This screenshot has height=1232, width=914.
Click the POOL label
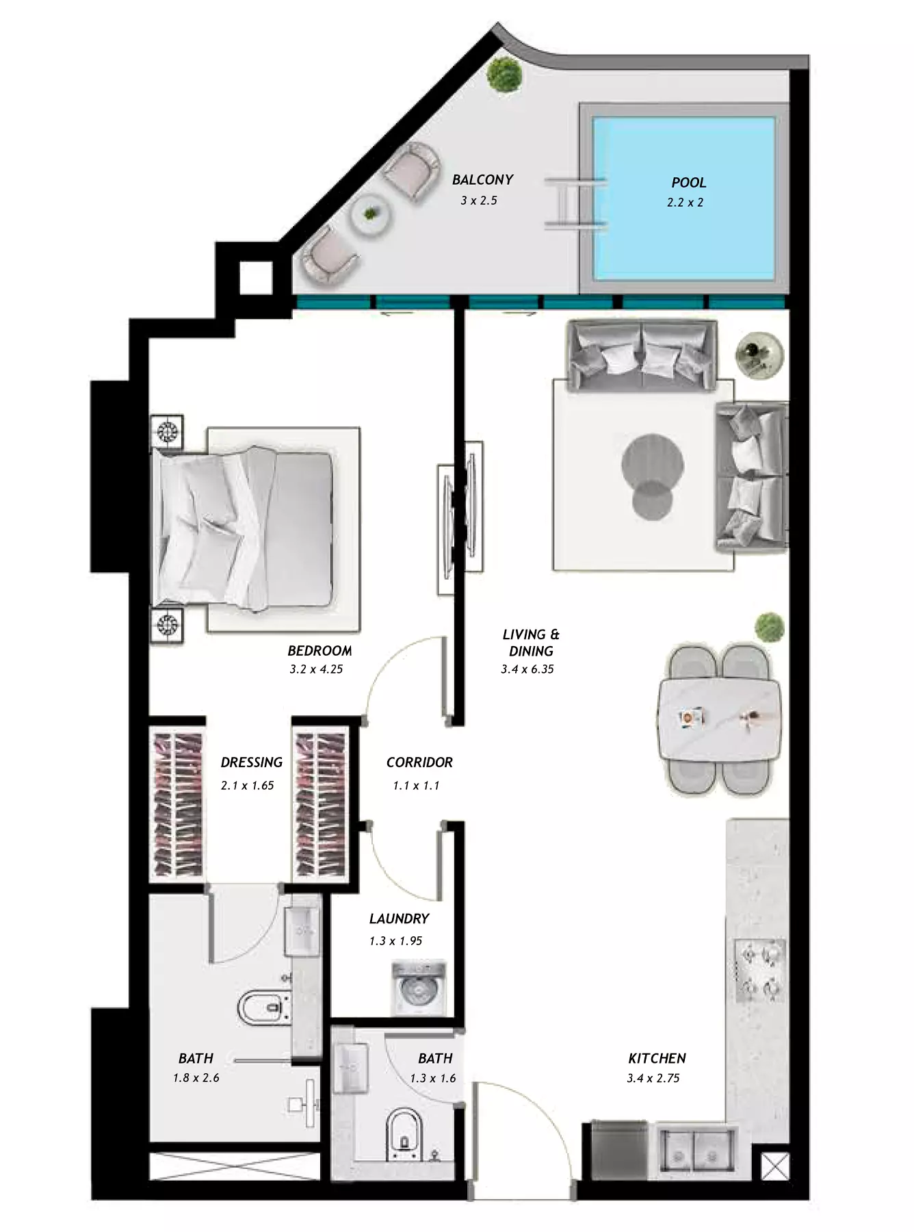688,183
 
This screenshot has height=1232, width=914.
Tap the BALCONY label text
482,180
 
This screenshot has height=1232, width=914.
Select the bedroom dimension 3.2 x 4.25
316,669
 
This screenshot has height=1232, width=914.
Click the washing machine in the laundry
418,988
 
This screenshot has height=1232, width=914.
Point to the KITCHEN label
657,1058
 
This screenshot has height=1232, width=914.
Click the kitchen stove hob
760,969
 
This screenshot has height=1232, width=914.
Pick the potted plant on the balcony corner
504,75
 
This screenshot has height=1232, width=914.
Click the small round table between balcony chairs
370,215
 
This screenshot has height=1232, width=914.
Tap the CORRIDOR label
419,762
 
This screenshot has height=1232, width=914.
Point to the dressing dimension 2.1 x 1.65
247,786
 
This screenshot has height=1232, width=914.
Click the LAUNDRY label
399,919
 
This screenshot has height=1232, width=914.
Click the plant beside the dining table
769,627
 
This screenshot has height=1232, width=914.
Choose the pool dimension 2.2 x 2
685,203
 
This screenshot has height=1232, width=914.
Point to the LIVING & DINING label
531,643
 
